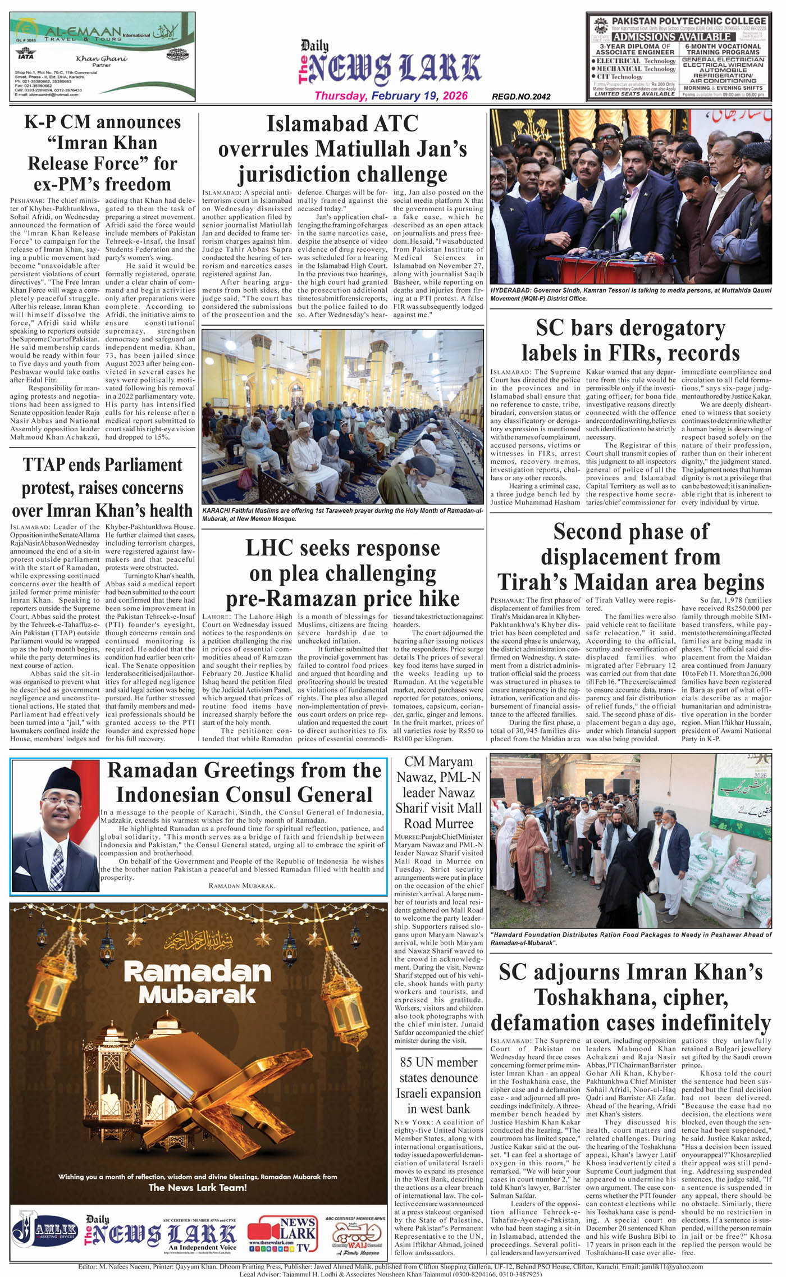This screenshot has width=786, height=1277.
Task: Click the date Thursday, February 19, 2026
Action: tap(391, 96)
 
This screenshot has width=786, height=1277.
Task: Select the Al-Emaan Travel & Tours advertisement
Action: tap(102, 56)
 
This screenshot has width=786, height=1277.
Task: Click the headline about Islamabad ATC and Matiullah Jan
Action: tap(342, 149)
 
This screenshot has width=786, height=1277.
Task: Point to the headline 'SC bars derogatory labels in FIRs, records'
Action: tap(630, 340)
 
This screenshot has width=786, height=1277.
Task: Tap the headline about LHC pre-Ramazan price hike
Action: tap(342, 573)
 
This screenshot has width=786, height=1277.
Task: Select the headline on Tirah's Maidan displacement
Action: tap(630, 557)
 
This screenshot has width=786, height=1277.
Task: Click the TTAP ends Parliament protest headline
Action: tap(102, 487)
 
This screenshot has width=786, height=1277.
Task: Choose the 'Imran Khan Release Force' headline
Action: tap(102, 153)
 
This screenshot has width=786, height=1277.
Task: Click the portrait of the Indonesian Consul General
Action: tap(55, 826)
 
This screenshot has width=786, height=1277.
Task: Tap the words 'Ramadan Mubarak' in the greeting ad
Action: tap(196, 982)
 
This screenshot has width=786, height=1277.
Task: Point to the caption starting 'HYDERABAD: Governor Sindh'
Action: tap(630, 295)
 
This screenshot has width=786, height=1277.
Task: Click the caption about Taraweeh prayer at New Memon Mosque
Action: tap(342, 515)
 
